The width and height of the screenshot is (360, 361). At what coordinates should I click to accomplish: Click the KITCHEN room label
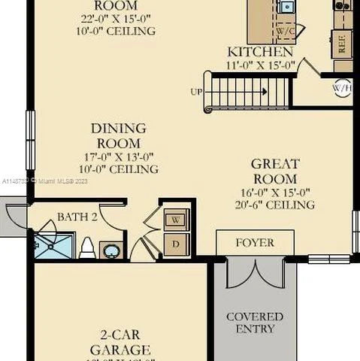point(260,52)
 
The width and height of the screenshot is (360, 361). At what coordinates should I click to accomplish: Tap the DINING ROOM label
point(119,135)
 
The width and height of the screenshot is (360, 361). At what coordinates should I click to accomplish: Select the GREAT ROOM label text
point(274,171)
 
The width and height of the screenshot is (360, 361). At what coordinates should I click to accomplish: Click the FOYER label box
point(255,243)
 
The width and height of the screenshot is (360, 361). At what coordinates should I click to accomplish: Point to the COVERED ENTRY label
point(255,323)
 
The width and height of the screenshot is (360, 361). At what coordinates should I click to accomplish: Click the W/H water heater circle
point(342,87)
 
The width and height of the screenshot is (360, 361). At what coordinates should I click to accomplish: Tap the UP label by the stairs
point(195,93)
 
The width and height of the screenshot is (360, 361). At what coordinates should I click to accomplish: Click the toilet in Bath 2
point(86,247)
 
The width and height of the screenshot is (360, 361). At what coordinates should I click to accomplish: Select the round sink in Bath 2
point(111,249)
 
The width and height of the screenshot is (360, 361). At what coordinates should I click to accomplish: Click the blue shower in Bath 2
point(53,245)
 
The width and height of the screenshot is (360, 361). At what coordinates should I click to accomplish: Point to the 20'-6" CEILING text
point(274,205)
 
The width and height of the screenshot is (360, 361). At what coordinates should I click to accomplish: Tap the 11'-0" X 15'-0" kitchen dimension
point(260,65)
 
